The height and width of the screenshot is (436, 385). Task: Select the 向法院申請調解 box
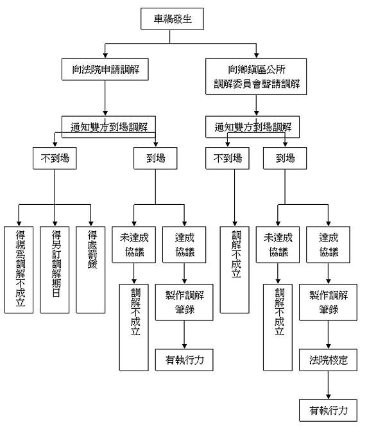point(105,69)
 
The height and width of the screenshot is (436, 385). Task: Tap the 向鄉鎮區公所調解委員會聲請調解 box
point(256,76)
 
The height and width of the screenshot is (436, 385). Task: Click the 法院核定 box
point(329,360)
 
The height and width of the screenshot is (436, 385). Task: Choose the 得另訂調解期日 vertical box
point(55,269)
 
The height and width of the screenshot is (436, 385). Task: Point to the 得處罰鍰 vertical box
point(90,269)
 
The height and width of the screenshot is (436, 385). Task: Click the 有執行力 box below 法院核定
point(329,410)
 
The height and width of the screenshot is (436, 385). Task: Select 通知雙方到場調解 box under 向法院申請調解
point(108,125)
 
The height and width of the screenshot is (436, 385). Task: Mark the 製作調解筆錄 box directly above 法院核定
point(329,302)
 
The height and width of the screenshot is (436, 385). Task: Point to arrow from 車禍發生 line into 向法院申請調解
point(105,51)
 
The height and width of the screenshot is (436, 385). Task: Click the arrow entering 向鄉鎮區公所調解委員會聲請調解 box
point(256,51)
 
